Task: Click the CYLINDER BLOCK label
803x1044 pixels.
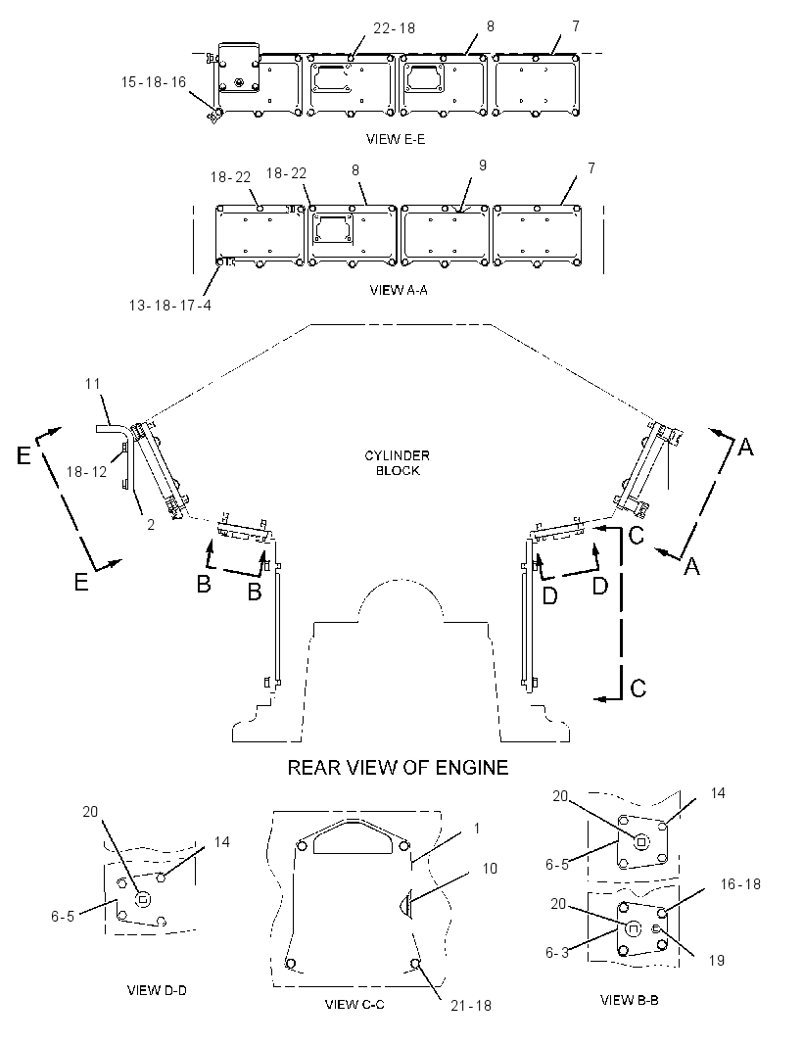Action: coord(397,462)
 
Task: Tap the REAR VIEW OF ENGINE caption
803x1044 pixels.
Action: coord(398,768)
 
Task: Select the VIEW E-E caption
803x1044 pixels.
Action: coord(396,139)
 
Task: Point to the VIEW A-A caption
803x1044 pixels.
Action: coord(399,290)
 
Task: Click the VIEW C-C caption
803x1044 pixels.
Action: coord(354,1004)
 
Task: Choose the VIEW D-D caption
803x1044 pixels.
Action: coord(157,990)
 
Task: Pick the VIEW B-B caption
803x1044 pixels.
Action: coord(630,999)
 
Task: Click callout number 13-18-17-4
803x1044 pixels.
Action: coord(169,306)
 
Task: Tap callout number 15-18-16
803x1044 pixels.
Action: coord(153,82)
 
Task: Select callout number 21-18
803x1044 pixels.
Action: coord(471,1006)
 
